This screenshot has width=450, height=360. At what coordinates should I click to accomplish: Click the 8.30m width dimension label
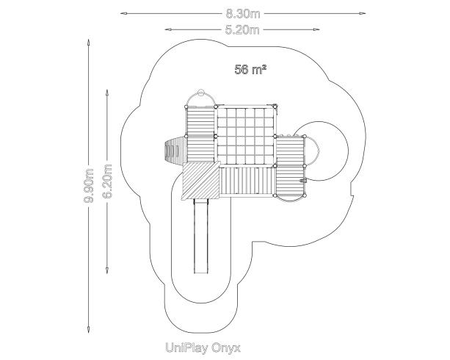243,14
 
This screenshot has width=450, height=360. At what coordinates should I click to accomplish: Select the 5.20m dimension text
242,30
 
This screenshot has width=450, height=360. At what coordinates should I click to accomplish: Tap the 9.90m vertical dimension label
89,186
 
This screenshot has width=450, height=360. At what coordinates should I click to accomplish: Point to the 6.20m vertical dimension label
107,181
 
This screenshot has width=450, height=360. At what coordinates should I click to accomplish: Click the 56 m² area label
250,70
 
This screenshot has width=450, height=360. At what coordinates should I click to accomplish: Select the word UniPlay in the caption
186,348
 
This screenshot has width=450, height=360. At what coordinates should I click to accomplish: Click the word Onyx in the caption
226,348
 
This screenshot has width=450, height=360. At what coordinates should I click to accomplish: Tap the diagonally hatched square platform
201,181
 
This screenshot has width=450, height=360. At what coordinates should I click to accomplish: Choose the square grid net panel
245,136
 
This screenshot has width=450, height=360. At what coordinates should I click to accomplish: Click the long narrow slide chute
201,236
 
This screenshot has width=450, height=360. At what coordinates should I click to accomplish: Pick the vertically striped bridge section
247,181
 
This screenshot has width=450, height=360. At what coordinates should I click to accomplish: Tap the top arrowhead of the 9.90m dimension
88,42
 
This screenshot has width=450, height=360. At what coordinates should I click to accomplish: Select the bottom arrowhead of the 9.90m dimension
88,330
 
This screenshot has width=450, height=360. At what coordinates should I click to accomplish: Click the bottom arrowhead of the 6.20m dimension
107,270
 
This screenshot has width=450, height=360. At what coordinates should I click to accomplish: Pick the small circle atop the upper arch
201,93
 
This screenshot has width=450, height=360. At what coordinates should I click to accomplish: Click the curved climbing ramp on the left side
175,151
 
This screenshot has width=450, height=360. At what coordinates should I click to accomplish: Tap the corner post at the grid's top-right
275,107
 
